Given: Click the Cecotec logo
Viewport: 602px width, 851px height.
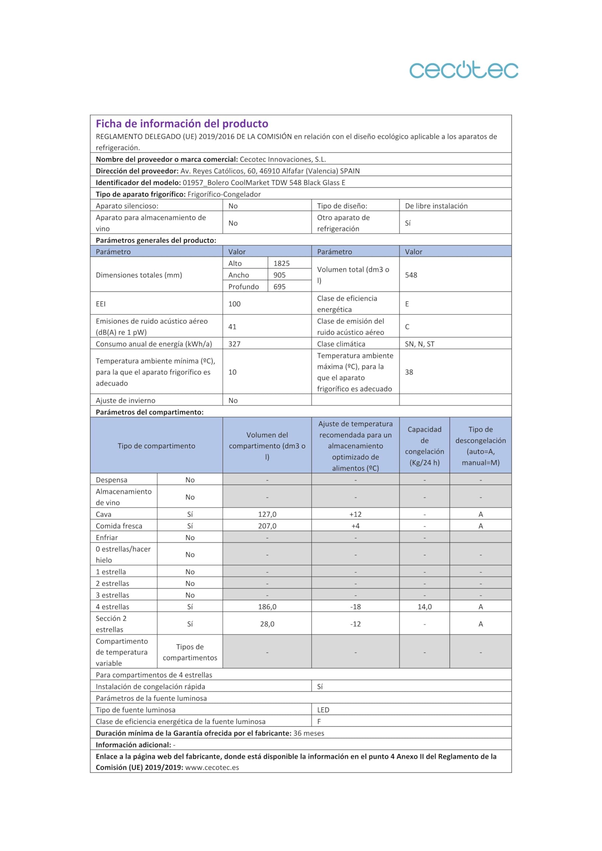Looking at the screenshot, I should tap(463, 70).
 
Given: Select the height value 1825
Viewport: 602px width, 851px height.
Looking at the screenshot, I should tap(281, 263).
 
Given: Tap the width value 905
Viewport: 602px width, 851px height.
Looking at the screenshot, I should tap(279, 275).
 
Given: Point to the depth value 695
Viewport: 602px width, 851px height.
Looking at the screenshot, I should tap(279, 287).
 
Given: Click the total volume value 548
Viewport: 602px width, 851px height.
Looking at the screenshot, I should tap(411, 275).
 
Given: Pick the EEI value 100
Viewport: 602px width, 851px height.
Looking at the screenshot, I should tap(234, 304).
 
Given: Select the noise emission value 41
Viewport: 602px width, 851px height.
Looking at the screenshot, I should tap(232, 326).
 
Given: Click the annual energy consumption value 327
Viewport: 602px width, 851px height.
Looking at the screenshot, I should tap(234, 344).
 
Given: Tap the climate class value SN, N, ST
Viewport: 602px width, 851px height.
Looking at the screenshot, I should tap(419, 344).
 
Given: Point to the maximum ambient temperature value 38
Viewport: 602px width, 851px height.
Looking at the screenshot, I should tap(409, 372).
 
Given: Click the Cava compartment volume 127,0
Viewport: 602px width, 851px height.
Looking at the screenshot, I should tap(267, 514).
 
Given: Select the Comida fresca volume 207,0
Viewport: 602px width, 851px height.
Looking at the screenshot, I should tap(267, 526).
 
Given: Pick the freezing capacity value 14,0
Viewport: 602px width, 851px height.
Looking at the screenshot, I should tap(424, 607).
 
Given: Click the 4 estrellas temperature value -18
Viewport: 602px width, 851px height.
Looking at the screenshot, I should tap(355, 607).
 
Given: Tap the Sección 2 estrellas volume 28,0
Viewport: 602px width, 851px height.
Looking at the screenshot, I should tap(267, 624).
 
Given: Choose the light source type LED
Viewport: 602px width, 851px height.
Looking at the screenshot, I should tap(323, 710).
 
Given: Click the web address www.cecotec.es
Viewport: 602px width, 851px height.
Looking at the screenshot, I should tap(212, 767).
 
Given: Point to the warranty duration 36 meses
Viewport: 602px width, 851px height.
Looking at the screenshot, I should tap(309, 733).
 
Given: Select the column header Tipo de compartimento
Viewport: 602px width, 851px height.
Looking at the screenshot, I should tap(156, 446).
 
